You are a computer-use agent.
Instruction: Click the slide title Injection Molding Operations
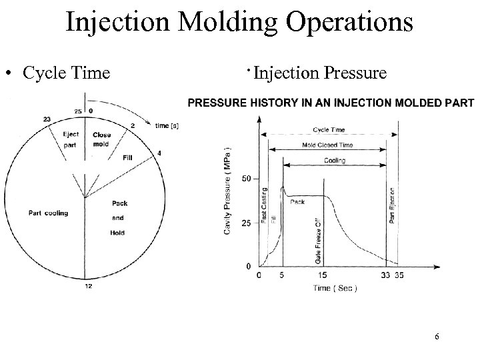tap(240, 21)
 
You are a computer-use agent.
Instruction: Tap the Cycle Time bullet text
tap(66, 72)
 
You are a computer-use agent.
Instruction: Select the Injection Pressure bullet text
tap(319, 72)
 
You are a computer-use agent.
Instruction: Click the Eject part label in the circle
tap(70, 139)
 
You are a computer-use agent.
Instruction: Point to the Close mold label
tap(102, 139)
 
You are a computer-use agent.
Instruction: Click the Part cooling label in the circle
tap(48, 213)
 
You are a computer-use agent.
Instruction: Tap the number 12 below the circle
tap(87, 286)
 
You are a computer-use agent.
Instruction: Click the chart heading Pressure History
tap(331, 103)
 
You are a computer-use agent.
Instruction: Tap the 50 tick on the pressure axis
tap(246, 179)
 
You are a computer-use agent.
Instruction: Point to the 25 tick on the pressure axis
tap(246, 222)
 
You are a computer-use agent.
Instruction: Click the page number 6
tap(437, 336)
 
